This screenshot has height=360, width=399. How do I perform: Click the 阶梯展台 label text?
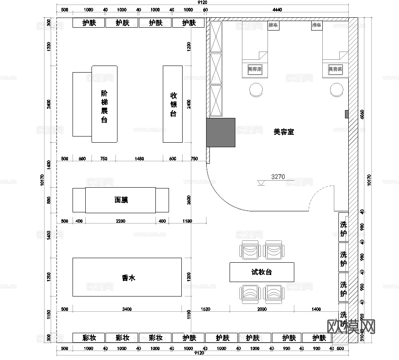[104, 107]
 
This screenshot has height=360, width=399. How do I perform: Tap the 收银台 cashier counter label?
[173, 104]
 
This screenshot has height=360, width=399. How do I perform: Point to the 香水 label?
[129, 278]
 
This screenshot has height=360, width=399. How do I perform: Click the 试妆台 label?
[262, 272]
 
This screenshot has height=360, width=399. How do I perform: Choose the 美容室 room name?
[284, 132]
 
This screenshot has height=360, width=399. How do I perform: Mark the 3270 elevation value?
[278, 177]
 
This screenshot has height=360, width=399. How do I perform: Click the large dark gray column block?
[221, 132]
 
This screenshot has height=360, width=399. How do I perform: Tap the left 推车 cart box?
[273, 26]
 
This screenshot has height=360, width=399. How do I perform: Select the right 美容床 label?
[335, 69]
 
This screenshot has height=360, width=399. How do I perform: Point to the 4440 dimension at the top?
[277, 9]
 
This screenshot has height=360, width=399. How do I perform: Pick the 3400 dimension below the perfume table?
[127, 309]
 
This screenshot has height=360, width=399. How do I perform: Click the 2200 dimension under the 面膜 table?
[120, 221]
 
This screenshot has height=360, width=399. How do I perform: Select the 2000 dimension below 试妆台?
[262, 309]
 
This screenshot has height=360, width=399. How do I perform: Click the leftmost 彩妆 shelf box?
[89, 338]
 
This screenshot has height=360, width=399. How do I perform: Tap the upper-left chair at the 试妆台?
[251, 251]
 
